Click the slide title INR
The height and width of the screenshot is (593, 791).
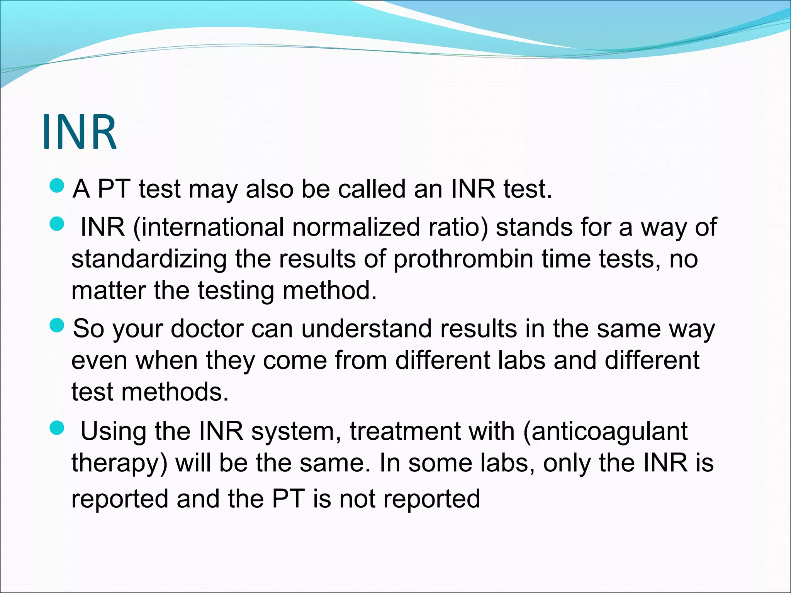79,132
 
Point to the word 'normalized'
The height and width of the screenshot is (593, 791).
355,227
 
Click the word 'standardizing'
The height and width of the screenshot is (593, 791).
149,259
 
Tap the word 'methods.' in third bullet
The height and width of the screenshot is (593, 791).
175,392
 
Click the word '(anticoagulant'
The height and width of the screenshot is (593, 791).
605,431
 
